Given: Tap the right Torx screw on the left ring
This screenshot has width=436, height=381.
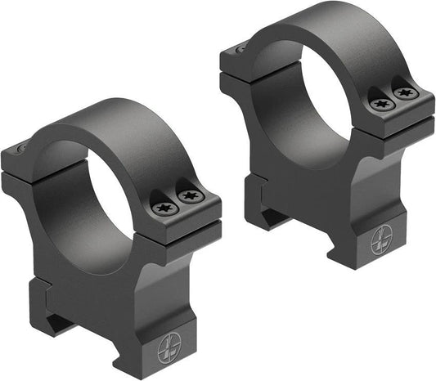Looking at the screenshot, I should pos(190,197).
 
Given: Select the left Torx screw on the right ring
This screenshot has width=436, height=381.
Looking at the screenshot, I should pos(382,104).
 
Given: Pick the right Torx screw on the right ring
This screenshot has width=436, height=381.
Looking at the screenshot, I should pos(407,93).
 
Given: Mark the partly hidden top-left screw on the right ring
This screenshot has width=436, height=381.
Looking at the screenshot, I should pos(240,49).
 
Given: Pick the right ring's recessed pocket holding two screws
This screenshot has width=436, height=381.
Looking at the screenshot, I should pos(394,98).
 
